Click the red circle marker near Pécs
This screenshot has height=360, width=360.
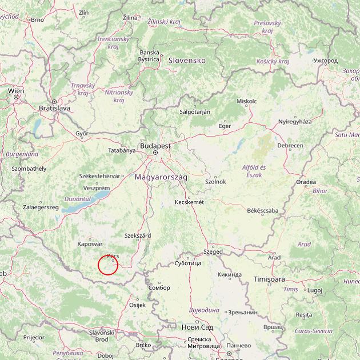(x=108, y=265)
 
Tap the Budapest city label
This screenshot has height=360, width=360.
(x=154, y=146)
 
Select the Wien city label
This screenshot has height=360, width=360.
(x=16, y=90)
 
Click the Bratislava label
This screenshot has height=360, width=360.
(x=54, y=107)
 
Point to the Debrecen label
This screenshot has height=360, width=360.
(x=290, y=146)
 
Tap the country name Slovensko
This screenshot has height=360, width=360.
(x=186, y=60)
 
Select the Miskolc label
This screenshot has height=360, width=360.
(x=246, y=101)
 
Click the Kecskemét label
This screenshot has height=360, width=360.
(x=189, y=202)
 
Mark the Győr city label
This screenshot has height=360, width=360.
(x=82, y=133)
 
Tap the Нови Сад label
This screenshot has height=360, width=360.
(x=197, y=327)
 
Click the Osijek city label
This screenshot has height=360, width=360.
(x=137, y=305)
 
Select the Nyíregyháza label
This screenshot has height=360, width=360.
(x=295, y=122)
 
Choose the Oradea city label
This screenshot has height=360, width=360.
(x=306, y=182)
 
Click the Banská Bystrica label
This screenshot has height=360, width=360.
(x=149, y=55)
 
